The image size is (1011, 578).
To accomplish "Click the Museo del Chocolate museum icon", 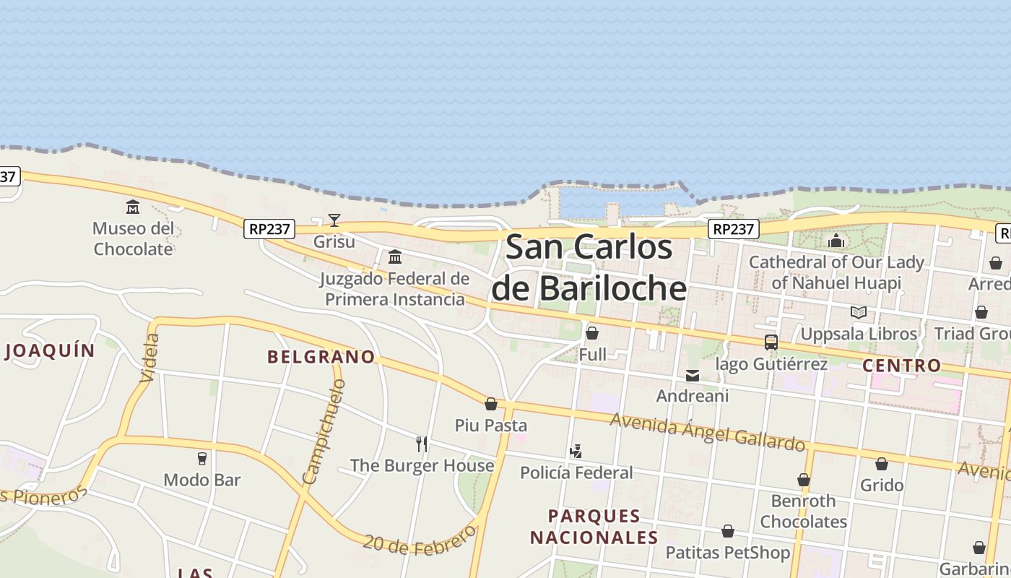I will point(133,207).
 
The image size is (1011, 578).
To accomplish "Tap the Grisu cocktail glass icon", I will point(334,220).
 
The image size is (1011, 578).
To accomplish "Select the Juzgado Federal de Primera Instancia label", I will point(394,289).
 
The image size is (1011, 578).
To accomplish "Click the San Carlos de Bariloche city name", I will point(589,267).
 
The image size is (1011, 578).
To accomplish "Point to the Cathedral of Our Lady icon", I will point(836,241).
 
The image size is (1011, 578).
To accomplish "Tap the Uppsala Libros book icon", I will point(858,312).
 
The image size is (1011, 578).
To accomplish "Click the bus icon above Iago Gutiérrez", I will point(771,342).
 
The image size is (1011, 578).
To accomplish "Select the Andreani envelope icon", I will point(693,376).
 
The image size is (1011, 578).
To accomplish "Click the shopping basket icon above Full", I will point(592,333).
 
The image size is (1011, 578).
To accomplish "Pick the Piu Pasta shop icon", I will point(491,404).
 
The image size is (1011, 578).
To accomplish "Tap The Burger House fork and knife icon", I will point(422,444).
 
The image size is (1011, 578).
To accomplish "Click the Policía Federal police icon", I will point(576,452).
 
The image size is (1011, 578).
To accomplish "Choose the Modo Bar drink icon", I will point(201,458).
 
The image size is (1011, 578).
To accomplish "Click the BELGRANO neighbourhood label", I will point(321,357).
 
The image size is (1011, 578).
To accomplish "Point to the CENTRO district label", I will point(902,366).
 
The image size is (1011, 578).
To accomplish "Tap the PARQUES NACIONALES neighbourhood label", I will point(594,527).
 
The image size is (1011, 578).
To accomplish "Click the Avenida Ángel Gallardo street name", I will point(708,431).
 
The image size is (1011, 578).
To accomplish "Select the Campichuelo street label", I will point(324,431).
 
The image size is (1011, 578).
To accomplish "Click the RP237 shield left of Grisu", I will point(269,229).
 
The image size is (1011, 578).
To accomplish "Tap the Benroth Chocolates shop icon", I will point(804,480).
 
